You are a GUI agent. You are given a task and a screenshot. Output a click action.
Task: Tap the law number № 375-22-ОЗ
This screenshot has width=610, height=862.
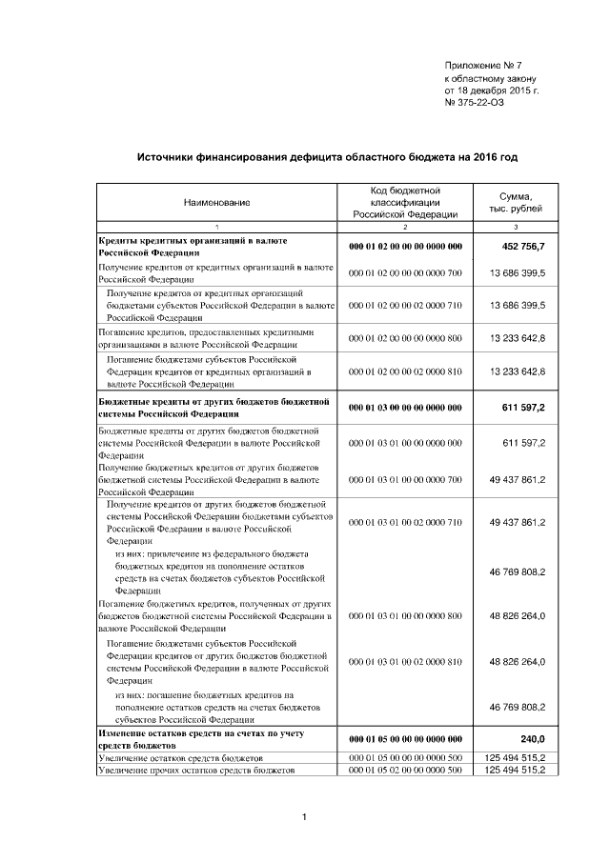[475, 103]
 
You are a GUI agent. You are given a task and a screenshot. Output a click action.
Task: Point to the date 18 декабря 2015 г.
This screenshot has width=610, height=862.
[498, 90]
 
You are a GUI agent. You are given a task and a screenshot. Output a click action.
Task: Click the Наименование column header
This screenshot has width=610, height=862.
[216, 203]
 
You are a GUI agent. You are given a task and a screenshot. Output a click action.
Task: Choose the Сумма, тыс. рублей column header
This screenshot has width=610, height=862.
[516, 202]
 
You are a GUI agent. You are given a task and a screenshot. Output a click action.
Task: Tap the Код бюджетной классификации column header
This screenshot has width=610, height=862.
[405, 203]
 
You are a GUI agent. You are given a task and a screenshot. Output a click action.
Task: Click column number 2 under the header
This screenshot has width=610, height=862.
[405, 227]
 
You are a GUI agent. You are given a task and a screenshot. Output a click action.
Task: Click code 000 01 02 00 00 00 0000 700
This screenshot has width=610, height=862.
[405, 273]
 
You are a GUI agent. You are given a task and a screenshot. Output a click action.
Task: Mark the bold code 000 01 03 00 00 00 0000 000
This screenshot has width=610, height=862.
[405, 408]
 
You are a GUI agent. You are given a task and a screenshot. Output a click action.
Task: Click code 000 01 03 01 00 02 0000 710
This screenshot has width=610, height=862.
[405, 523]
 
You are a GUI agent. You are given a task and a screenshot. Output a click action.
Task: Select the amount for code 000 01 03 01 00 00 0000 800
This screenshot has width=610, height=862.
[517, 616]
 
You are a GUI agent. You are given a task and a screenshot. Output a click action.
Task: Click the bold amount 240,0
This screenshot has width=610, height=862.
[529, 738]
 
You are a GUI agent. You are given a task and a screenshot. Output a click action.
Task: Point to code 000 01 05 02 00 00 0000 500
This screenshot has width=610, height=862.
[405, 769]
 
